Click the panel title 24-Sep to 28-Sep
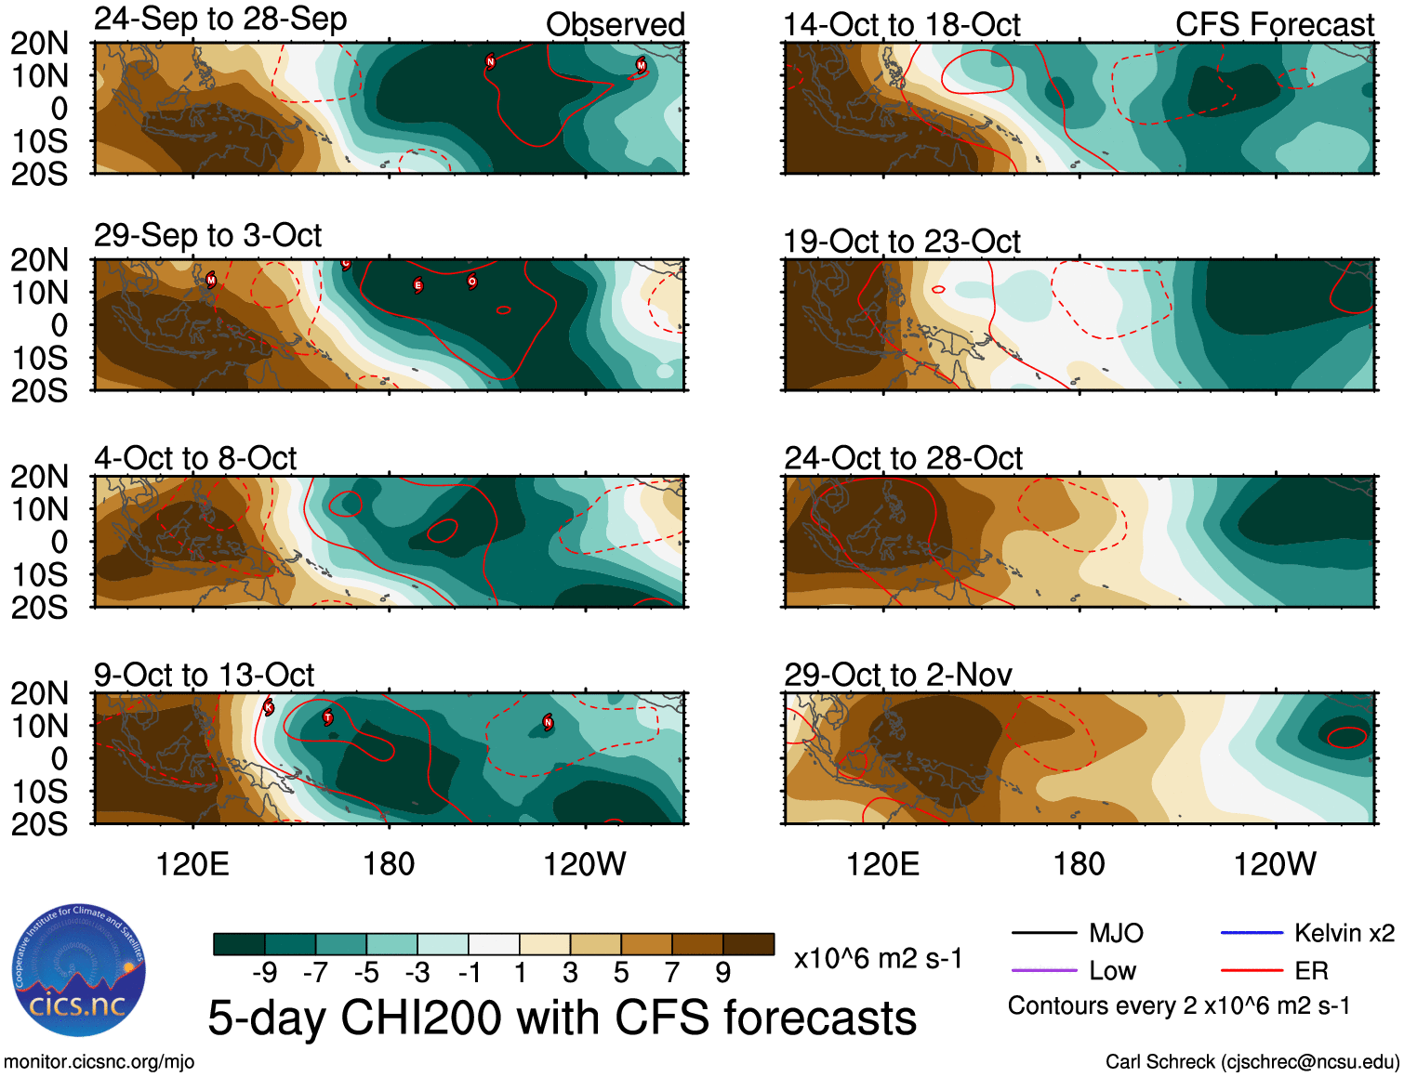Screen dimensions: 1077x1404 [220, 20]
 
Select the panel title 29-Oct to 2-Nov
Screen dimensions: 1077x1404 [897, 675]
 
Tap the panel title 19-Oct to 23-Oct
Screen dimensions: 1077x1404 [901, 242]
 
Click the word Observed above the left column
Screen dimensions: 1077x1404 [615, 25]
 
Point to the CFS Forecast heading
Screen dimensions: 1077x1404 [1274, 25]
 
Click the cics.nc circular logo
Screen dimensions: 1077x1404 [79, 971]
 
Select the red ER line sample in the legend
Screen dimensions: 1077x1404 [1251, 971]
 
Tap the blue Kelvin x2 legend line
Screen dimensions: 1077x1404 [1251, 933]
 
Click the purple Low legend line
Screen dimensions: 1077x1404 [1043, 971]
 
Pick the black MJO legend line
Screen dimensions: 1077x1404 [1043, 933]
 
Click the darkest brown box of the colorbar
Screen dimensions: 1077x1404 [748, 944]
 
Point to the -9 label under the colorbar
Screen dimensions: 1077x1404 [264, 973]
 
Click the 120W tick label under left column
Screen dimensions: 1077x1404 [584, 864]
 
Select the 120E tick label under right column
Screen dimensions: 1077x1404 [882, 864]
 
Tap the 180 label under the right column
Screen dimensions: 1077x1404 [1079, 864]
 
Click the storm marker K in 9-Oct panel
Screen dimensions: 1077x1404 [269, 707]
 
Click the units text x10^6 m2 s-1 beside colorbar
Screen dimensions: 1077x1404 [878, 958]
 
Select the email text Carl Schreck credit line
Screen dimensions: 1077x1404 [1252, 1062]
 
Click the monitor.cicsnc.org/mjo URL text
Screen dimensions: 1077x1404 [99, 1062]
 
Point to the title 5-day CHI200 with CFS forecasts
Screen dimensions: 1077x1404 [562, 1018]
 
